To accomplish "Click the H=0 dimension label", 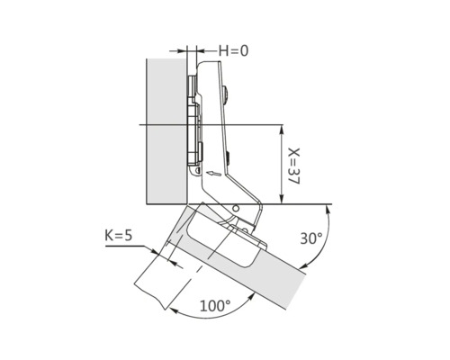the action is click(233, 50).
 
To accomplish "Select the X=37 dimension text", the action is click(293, 166).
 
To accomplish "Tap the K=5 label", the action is click(118, 236).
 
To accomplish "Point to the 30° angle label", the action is click(311, 238).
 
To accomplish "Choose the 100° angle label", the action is click(215, 306).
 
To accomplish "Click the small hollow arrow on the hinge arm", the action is click(214, 174).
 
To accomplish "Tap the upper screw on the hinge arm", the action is click(226, 94).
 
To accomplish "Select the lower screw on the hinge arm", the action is click(228, 158).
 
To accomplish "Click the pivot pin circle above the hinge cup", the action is click(236, 208).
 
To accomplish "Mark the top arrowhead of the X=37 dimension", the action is click(282, 130).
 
